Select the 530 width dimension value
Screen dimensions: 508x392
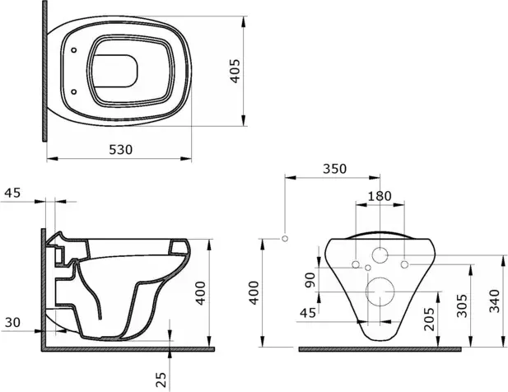(120, 150)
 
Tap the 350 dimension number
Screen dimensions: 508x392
(334, 169)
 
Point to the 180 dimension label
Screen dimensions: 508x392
(380, 196)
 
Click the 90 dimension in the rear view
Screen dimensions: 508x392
(310, 280)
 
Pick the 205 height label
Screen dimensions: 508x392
(429, 319)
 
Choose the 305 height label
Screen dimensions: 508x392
(462, 306)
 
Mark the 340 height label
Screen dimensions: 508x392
(494, 301)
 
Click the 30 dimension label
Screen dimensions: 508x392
(12, 323)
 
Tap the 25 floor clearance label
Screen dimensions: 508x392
(161, 380)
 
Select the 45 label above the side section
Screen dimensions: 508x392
(12, 193)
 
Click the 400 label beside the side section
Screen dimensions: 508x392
(201, 293)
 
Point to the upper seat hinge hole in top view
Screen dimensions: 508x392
(74, 50)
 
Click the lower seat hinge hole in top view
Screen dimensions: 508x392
(74, 91)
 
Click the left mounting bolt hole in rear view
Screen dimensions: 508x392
(356, 264)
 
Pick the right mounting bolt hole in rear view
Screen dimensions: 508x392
(404, 264)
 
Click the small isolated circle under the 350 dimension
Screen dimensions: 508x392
(285, 239)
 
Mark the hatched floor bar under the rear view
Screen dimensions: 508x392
(380, 349)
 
